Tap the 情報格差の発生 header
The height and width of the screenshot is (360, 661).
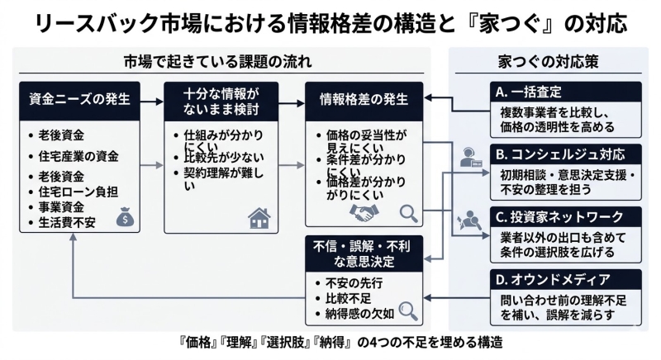click(364, 100)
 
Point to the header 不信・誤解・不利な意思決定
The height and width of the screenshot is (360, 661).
click(364, 253)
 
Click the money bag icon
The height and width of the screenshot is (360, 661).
click(124, 217)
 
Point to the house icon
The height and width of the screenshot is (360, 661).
click(259, 218)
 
